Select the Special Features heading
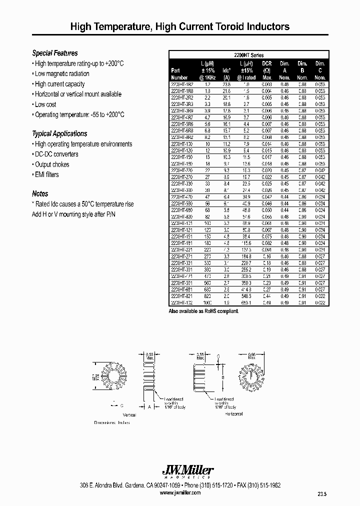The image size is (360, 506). point(55,53)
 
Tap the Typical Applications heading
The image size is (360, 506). point(59,133)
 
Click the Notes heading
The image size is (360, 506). point(40,193)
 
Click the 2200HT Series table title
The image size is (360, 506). point(249,55)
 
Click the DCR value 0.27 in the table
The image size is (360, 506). point(267,289)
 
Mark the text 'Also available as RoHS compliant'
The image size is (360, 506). point(204,311)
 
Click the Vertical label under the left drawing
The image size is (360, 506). point(129,414)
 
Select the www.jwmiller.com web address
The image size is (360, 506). point(179,492)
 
